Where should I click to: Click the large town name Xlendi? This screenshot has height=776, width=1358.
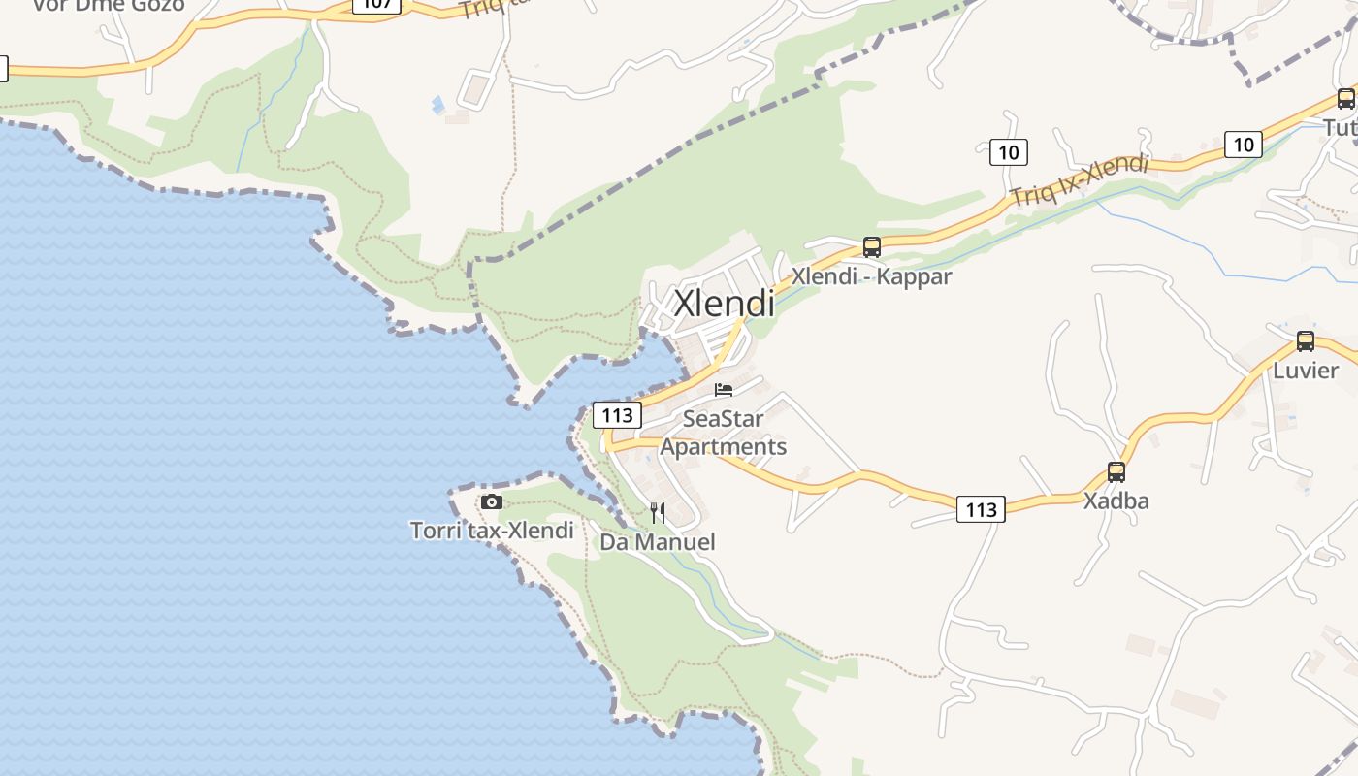pos(724,303)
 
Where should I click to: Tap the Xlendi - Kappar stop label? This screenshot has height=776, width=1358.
pos(871,276)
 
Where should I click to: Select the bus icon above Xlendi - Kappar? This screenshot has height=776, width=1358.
pos(871,247)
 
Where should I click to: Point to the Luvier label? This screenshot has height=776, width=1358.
pos(1305,371)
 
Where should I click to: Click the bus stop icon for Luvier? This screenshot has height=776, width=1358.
pos(1305,341)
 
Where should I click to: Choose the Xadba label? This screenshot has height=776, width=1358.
pos(1115,501)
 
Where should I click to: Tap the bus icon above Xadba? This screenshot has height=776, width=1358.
pos(1115,472)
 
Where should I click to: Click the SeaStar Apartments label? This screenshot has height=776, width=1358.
pos(724,433)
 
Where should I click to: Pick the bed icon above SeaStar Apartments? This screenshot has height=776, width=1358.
pos(723,390)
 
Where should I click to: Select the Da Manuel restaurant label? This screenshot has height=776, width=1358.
pos(658,542)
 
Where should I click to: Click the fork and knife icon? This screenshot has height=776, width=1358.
pos(658,513)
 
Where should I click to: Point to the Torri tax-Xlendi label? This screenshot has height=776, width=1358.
pos(492,531)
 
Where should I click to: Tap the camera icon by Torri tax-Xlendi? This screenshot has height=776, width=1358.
pos(492,501)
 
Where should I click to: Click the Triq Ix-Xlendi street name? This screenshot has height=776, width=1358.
pos(1079,180)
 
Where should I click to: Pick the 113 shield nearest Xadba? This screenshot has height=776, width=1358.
pos(981,509)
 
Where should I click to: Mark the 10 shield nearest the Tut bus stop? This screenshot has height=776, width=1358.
pos(1243,145)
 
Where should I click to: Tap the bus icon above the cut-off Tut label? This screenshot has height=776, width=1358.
pos(1345,99)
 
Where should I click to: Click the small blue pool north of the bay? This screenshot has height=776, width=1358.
pos(438,104)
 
